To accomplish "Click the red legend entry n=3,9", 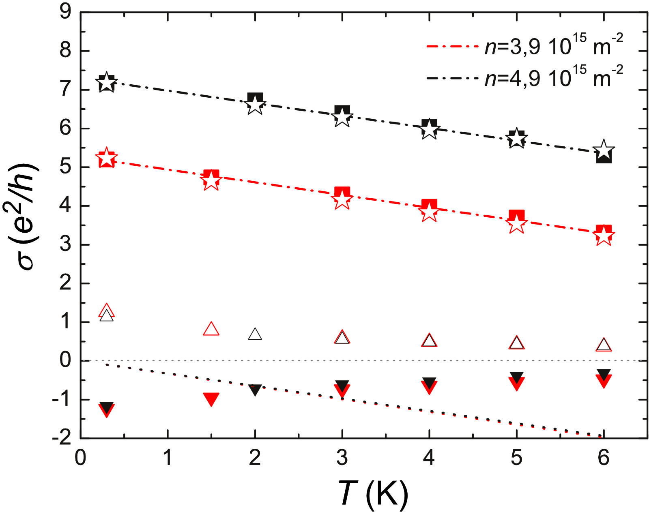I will click(523, 46).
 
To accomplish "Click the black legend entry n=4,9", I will click(523, 77).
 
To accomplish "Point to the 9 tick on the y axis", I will click(65, 12).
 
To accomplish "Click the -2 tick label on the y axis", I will click(61, 438).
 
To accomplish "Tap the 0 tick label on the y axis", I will click(65, 360).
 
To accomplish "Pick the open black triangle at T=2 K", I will click(255, 334).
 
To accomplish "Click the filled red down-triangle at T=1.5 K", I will click(211, 398).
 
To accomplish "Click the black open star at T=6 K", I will click(604, 149).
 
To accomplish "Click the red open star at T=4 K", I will click(429, 212).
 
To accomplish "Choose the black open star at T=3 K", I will click(342, 118).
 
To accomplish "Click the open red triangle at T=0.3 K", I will click(106, 310).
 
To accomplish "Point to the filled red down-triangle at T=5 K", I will click(516, 383).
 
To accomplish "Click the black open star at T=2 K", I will click(255, 105).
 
